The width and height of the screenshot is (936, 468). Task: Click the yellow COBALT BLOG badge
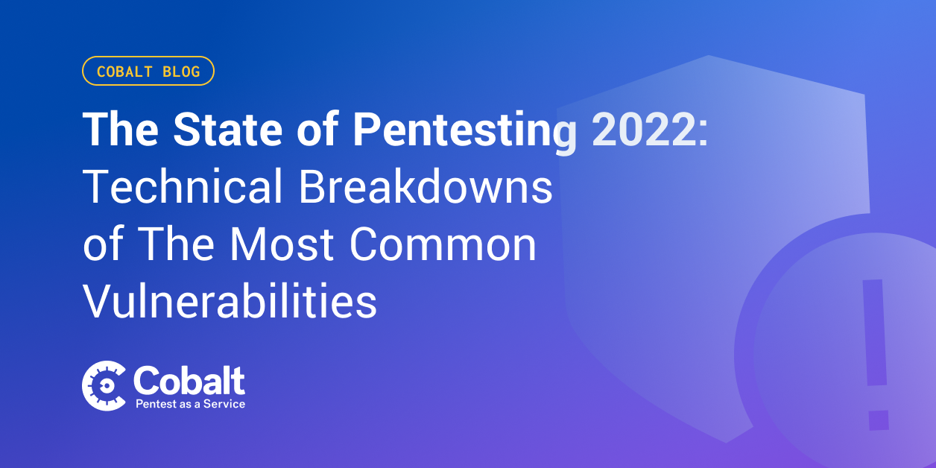(148, 71)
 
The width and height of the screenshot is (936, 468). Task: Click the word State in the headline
(228, 130)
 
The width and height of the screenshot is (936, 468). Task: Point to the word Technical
(183, 186)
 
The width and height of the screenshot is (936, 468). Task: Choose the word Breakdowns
(426, 186)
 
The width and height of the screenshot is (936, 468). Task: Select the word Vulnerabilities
(230, 301)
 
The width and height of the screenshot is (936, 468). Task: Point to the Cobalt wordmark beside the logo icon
(189, 380)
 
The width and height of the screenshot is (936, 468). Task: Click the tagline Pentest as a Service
(191, 404)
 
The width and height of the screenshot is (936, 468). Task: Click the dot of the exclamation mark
(879, 420)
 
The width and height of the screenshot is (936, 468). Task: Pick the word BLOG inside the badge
(181, 72)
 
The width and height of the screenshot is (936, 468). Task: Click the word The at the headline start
(121, 130)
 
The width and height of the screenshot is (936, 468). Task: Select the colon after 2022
(703, 133)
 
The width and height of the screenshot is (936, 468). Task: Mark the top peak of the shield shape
(709, 55)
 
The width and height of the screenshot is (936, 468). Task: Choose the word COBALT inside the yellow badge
(125, 72)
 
